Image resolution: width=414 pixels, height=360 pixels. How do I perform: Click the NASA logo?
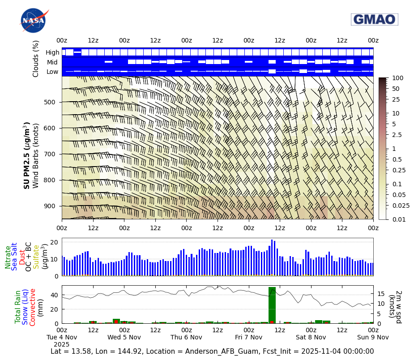(x=34, y=20)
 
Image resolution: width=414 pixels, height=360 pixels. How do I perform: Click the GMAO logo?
(x=374, y=19)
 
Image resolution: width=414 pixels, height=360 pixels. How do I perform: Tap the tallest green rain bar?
(x=272, y=304)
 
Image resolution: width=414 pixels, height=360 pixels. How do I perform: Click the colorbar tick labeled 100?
(x=397, y=78)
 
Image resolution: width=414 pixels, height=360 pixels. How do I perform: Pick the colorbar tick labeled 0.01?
(x=398, y=219)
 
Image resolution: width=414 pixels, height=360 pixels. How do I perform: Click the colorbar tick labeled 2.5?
(x=397, y=135)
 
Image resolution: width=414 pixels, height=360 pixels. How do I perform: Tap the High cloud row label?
(x=52, y=52)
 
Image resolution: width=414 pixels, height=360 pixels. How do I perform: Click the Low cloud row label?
(x=52, y=72)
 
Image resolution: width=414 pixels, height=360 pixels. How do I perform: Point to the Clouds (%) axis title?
(x=36, y=59)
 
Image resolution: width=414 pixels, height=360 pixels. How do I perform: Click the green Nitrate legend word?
(x=8, y=257)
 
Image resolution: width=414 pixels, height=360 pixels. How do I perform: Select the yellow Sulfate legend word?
(x=36, y=257)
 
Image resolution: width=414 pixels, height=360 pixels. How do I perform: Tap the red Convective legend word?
(x=33, y=307)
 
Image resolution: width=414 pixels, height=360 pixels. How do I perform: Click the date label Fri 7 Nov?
(x=249, y=337)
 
